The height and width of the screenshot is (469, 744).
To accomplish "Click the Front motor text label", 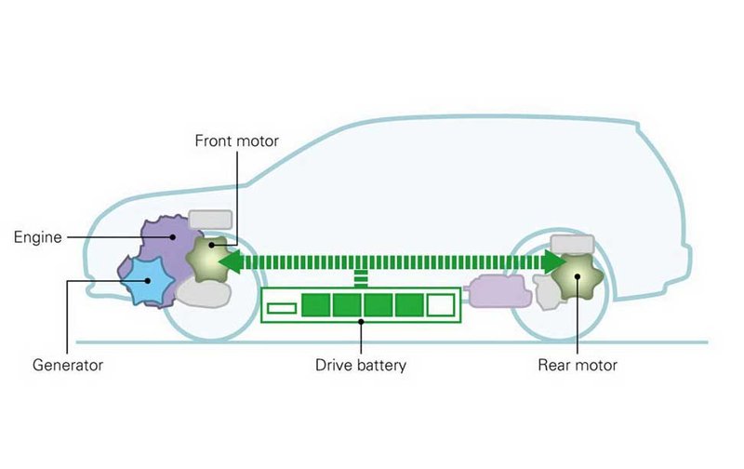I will click(236, 141).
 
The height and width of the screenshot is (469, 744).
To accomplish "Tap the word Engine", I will click(37, 237).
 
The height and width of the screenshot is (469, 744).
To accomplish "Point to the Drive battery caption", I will click(361, 366).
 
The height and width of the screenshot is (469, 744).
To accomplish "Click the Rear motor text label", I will click(577, 366).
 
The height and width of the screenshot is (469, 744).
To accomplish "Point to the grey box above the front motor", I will click(210, 220).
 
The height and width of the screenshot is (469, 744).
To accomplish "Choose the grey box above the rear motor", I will click(571, 243).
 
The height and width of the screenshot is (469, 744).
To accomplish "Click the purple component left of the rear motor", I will click(500, 292).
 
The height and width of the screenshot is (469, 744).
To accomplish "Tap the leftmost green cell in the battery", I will click(315, 305).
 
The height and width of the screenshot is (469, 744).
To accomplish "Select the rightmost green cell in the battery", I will click(408, 305).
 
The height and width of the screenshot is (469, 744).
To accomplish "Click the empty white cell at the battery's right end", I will click(440, 305).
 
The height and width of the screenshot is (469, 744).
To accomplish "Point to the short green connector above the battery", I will click(361, 279).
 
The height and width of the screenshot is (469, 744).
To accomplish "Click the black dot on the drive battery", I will click(361, 320).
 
